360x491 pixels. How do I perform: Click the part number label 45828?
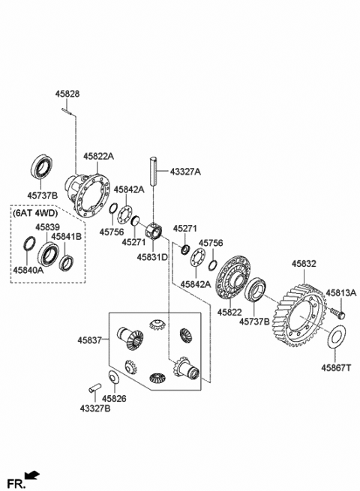point(67,94)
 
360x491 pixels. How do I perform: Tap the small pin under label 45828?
point(67,111)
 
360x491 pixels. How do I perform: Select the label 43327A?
point(185,172)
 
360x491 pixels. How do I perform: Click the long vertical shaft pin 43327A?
point(153,171)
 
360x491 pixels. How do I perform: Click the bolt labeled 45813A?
point(337,313)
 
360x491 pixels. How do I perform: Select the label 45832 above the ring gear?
point(304,264)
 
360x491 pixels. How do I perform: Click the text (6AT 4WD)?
point(35,213)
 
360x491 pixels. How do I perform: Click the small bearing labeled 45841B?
point(67,263)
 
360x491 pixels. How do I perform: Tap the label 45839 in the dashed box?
point(47,227)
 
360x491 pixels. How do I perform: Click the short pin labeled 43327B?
point(94,388)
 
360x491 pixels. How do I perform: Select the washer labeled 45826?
point(113,377)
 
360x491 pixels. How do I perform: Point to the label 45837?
point(89,340)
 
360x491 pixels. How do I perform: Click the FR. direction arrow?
point(32,476)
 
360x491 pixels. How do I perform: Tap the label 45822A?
point(98,157)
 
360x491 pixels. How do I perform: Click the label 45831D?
point(152,257)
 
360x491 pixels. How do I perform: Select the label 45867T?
point(336,367)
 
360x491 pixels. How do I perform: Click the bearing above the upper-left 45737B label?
point(42,167)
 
